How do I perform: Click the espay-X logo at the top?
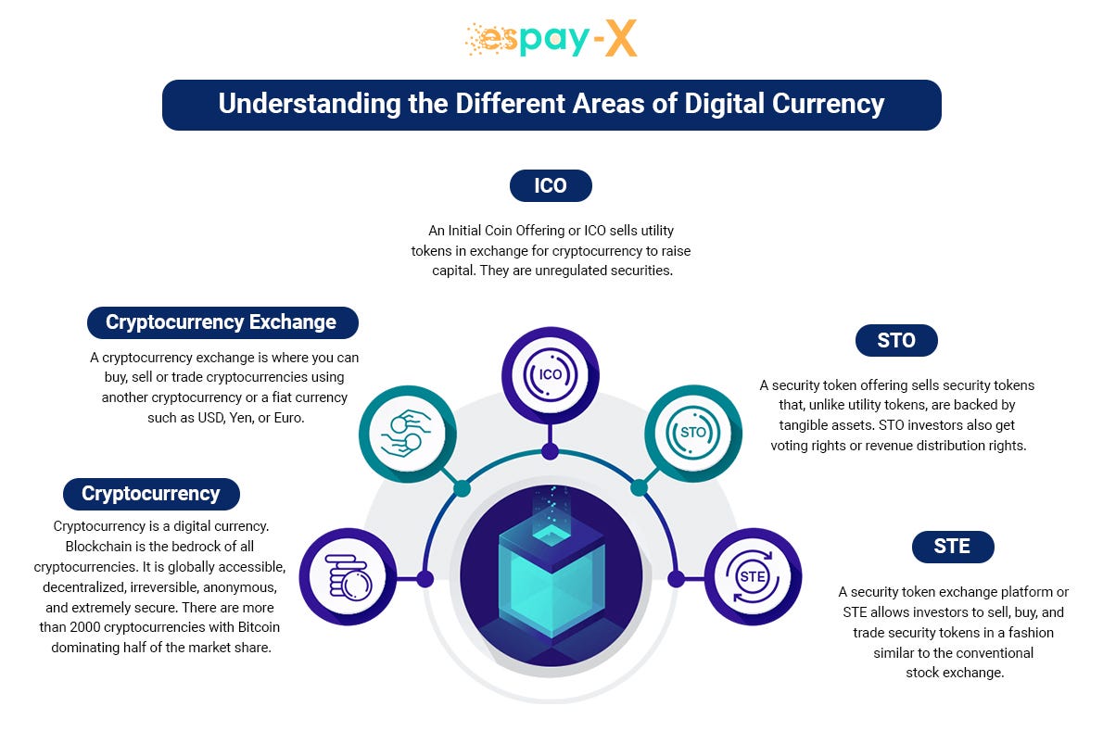tap(551, 40)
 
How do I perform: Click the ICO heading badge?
tap(551, 185)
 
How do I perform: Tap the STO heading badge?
tap(895, 340)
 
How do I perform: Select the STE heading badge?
tap(952, 547)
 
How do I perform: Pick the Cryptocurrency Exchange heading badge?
tap(221, 322)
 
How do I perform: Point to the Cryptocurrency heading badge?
tap(151, 494)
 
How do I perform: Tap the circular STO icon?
tap(692, 432)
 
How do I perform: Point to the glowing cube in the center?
tap(551, 574)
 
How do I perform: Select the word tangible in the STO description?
tap(806, 425)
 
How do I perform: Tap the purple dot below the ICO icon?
tap(551, 451)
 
